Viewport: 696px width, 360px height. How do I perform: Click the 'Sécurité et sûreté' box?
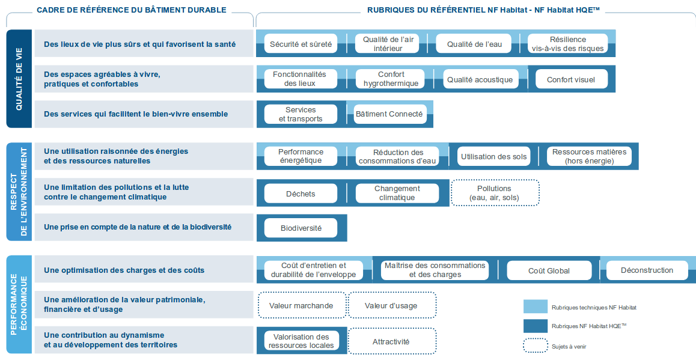(301, 44)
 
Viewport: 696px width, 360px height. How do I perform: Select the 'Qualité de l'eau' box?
(474, 44)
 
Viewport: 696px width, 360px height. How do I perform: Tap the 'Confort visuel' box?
(571, 79)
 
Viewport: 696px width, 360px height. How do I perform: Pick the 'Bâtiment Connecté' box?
(389, 114)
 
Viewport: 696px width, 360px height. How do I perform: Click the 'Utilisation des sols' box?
(493, 156)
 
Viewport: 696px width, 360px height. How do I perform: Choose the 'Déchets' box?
(301, 194)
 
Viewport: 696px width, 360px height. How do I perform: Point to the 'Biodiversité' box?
(301, 228)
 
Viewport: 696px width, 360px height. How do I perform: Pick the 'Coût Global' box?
(549, 270)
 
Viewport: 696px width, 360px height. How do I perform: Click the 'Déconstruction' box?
(647, 270)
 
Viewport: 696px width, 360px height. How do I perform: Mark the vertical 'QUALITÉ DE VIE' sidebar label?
(19, 79)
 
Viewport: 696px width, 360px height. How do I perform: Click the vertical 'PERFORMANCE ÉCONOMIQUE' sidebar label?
(19, 304)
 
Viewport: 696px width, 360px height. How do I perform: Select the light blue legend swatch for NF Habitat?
(536, 307)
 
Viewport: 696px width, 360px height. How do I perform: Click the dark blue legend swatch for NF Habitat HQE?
(536, 326)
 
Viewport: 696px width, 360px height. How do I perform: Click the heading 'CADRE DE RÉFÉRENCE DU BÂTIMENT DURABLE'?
(132, 10)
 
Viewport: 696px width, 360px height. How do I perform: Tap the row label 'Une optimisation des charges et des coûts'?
(124, 270)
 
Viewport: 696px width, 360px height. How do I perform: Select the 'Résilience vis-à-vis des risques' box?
(568, 44)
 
